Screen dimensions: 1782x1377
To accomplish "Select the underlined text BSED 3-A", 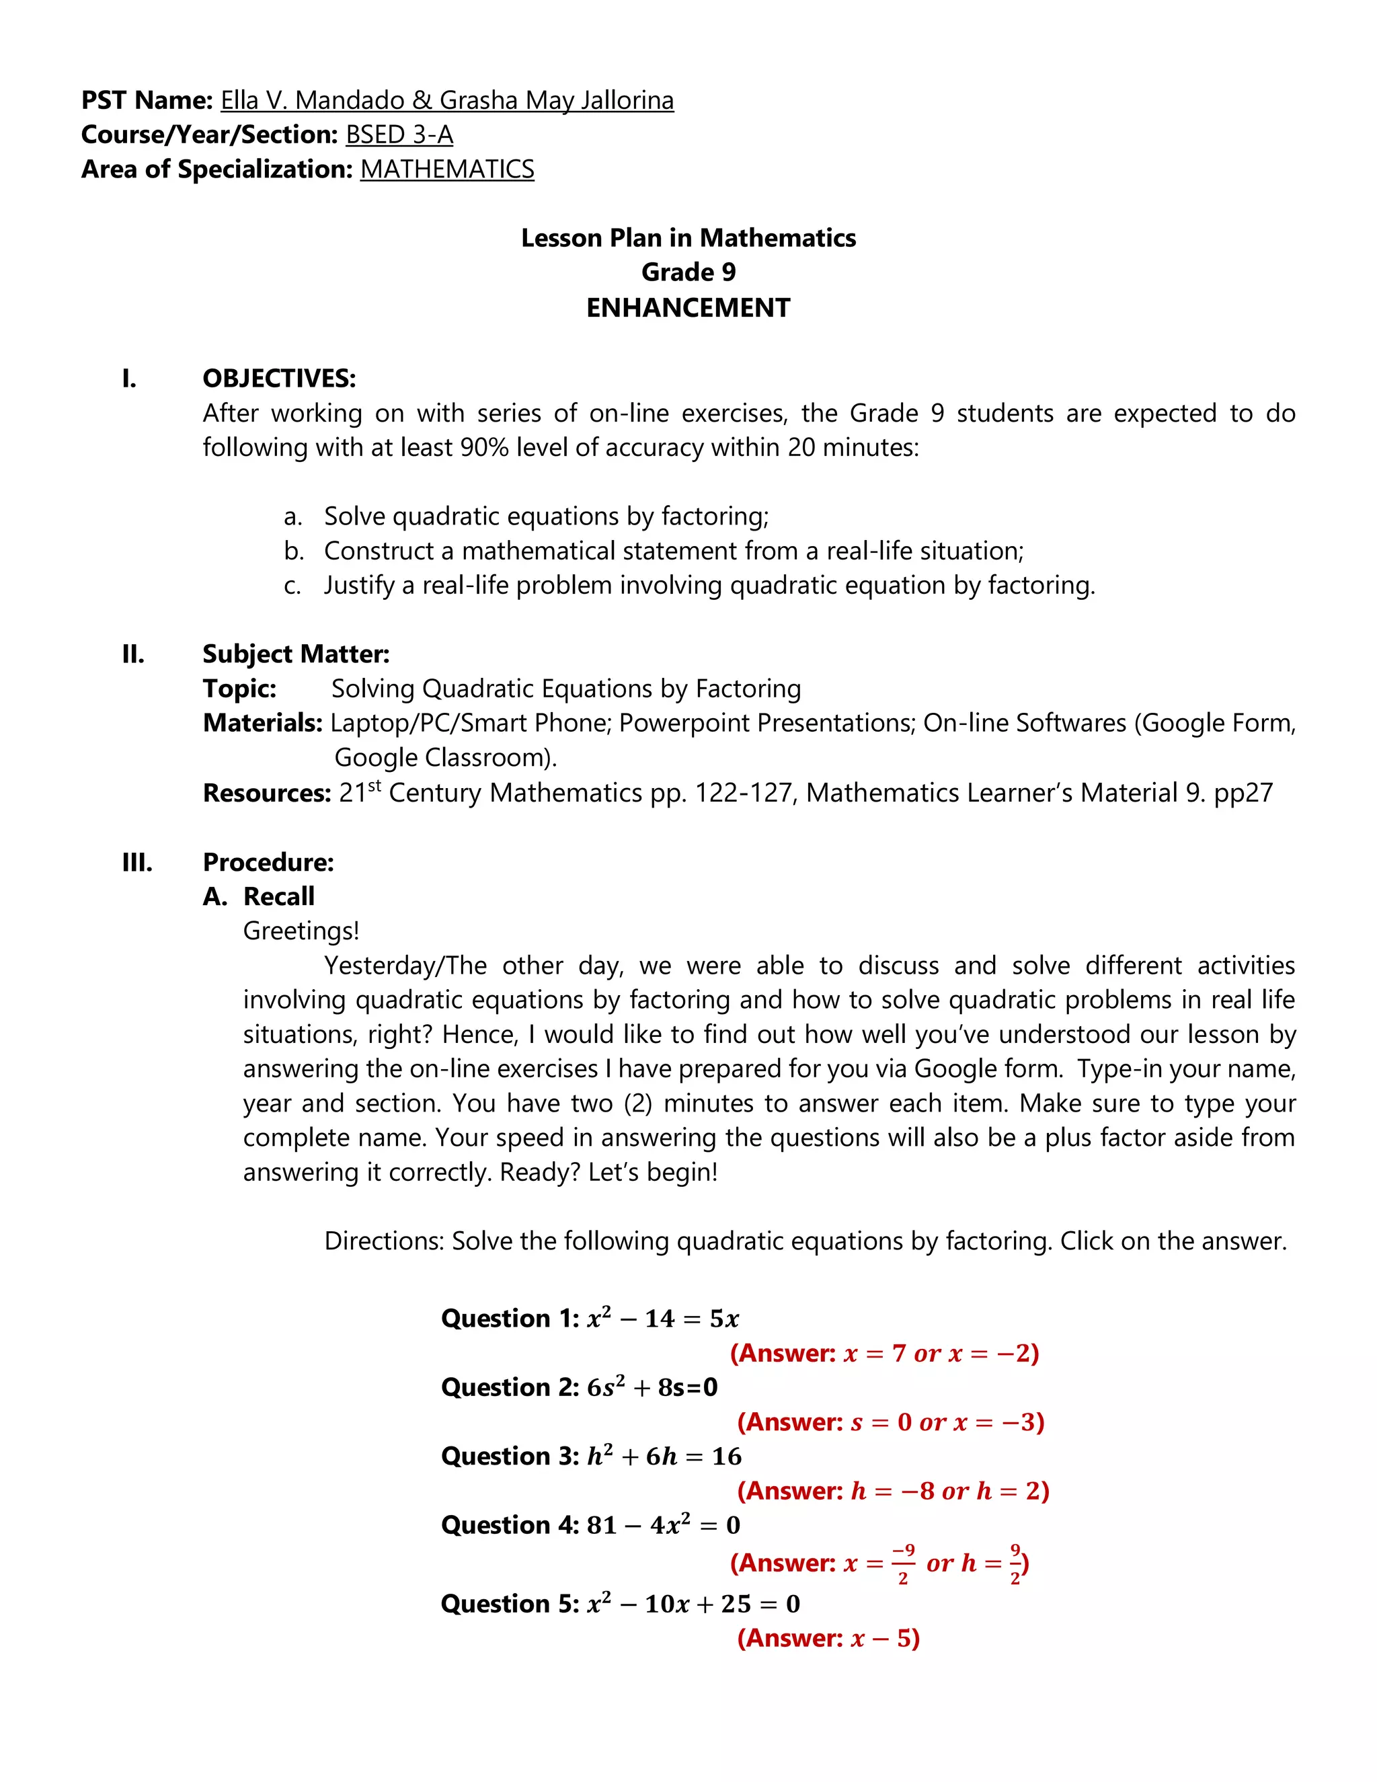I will [399, 134].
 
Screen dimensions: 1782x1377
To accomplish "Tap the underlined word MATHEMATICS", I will [447, 169].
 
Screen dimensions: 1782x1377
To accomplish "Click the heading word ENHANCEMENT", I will [688, 307].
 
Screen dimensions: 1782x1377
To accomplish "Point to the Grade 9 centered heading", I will [688, 272].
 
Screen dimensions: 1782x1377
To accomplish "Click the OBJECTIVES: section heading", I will [279, 379].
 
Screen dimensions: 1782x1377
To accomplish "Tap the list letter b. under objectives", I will [294, 551].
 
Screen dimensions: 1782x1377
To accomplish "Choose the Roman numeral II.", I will [133, 654].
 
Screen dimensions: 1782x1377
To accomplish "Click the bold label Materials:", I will [263, 723].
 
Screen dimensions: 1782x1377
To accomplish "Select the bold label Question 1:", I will [510, 1319].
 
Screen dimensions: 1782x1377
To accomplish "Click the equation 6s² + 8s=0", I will [652, 1387].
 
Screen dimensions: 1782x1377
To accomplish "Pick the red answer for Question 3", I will [892, 1491].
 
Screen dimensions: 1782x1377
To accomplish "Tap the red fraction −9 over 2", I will [902, 1563].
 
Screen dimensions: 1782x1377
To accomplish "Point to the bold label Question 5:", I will [510, 1604].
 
